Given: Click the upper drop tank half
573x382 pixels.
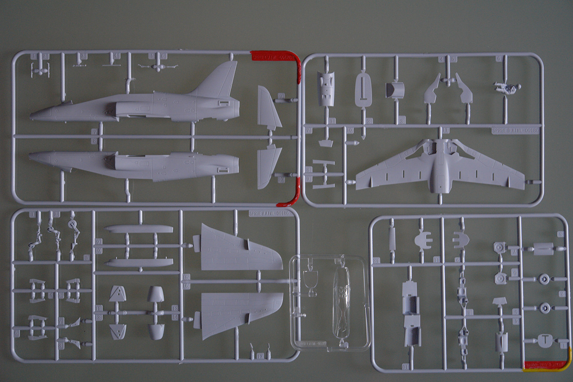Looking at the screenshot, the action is pyautogui.click(x=139, y=229).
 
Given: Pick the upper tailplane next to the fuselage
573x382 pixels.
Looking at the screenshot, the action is pyautogui.click(x=268, y=108).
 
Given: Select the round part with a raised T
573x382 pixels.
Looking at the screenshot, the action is pyautogui.click(x=545, y=340).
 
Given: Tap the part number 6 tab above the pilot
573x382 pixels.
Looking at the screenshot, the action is pyautogui.click(x=499, y=59).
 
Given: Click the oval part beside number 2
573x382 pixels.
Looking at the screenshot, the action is pyautogui.click(x=363, y=90).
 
